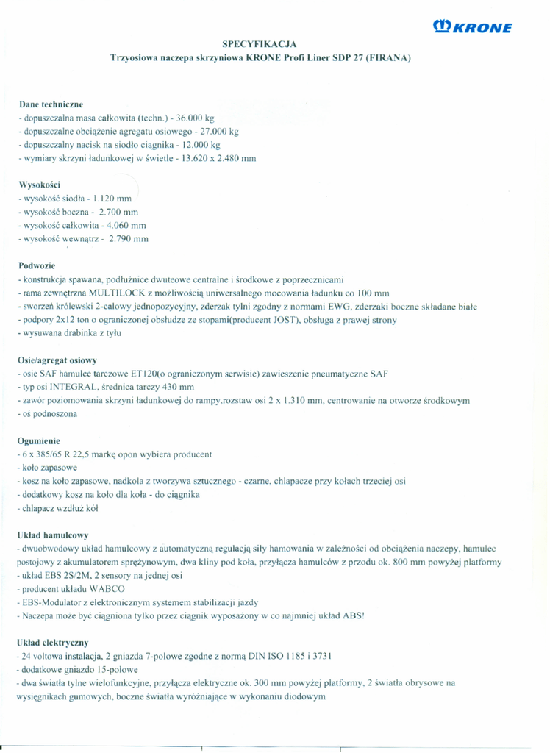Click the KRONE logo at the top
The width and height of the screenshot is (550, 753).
click(x=474, y=27)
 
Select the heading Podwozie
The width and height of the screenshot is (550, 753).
click(x=36, y=265)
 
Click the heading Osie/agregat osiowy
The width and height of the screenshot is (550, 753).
click(x=57, y=360)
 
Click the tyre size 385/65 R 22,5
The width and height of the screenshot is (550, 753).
click(x=63, y=454)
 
